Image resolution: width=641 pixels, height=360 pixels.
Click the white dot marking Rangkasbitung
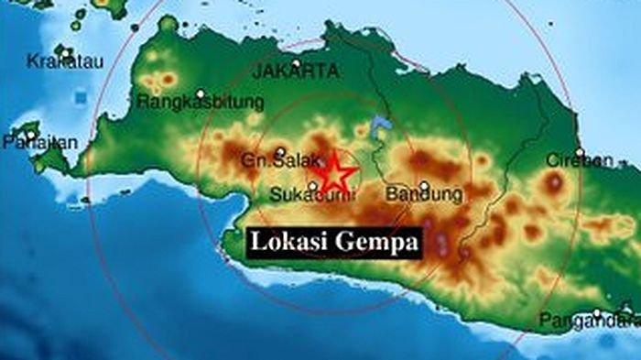201,93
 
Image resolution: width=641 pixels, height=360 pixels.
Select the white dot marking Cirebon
579,151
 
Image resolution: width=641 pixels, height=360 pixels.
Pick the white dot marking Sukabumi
313,184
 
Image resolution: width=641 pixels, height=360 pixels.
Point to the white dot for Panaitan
30,134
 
